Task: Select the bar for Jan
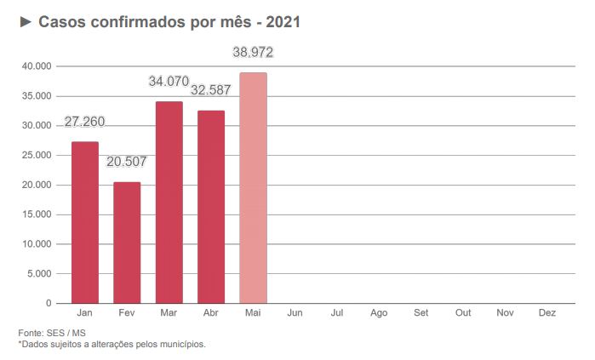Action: pyautogui.click(x=84, y=222)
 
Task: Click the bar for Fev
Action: pyautogui.click(x=127, y=243)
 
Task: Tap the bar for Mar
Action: pyautogui.click(x=169, y=203)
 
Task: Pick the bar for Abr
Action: pyautogui.click(x=211, y=207)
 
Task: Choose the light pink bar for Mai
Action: pyautogui.click(x=253, y=188)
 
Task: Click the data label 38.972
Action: pyautogui.click(x=253, y=53)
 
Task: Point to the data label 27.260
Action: pyautogui.click(x=84, y=122)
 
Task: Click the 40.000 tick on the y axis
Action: pyautogui.click(x=37, y=66)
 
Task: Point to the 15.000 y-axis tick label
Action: pyautogui.click(x=37, y=214)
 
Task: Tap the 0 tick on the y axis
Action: pyautogui.click(x=48, y=303)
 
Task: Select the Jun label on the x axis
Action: pyautogui.click(x=295, y=313)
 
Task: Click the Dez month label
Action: pyautogui.click(x=547, y=313)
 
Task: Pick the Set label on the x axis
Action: pyautogui.click(x=421, y=313)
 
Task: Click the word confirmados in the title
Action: pyautogui.click(x=126, y=22)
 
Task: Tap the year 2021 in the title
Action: pyautogui.click(x=283, y=22)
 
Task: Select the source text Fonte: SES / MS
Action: pyautogui.click(x=51, y=333)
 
